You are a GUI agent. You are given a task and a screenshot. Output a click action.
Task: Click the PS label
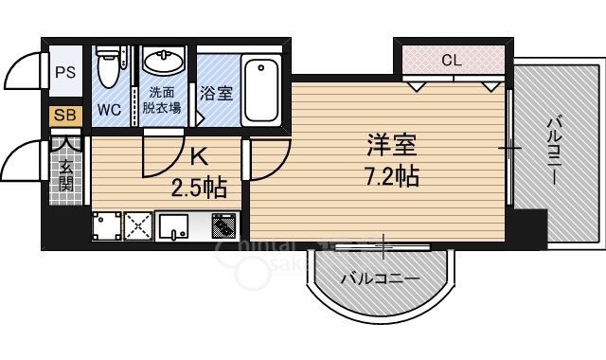click(65, 72)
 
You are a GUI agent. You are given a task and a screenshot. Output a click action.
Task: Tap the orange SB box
click(65, 116)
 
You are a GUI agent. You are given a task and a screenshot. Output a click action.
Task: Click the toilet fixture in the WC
click(107, 68)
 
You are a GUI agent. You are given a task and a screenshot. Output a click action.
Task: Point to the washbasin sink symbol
click(165, 63)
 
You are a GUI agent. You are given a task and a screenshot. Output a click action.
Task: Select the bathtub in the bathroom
click(259, 91)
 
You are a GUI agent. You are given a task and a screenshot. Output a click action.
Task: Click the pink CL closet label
click(452, 61)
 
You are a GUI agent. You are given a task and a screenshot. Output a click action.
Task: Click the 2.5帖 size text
click(199, 187)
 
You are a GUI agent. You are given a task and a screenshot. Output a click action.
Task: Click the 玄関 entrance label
click(66, 176)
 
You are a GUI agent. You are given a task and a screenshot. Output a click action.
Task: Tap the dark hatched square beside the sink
click(223, 227)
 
